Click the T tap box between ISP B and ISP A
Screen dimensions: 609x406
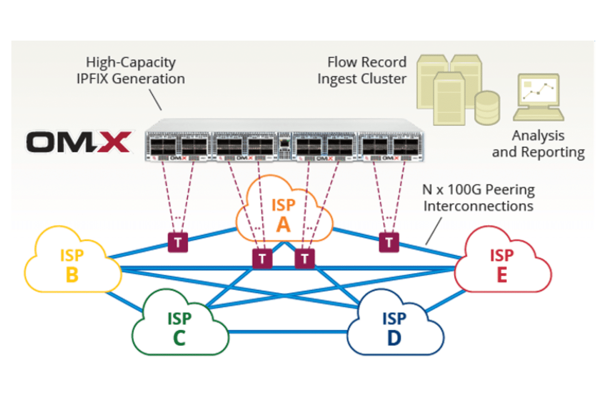tap(178, 242)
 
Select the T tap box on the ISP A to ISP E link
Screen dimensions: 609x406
tap(389, 242)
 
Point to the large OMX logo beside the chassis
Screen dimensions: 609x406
tap(79, 142)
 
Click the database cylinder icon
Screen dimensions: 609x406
tap(487, 108)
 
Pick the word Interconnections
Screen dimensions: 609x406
tap(479, 206)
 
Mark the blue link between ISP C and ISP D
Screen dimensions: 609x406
tap(288, 332)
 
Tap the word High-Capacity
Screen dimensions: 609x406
tap(131, 63)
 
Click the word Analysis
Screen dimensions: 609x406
tap(538, 136)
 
